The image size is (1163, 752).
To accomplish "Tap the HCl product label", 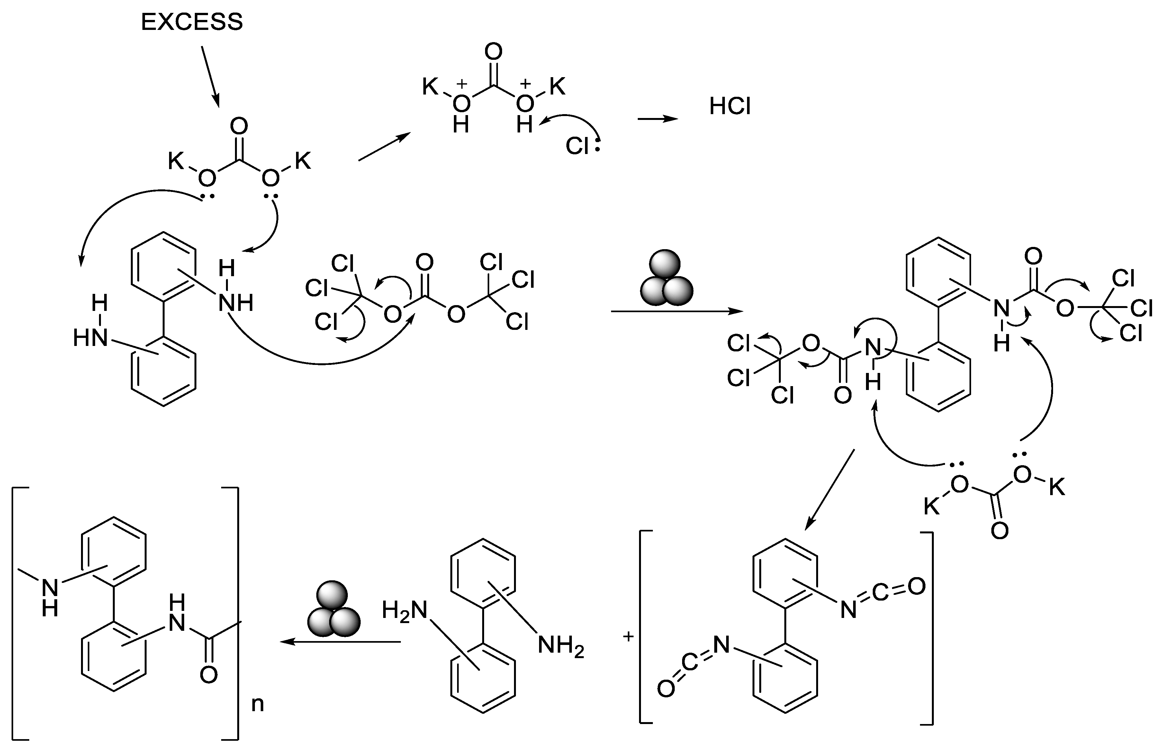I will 729,106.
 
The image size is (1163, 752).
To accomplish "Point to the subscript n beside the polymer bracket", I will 257,704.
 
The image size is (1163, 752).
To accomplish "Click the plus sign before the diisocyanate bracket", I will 628,636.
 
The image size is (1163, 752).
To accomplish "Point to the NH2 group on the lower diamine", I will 561,646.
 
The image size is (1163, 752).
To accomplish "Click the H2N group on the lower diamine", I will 404,611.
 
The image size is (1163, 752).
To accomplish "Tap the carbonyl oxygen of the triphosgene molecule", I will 424,262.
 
